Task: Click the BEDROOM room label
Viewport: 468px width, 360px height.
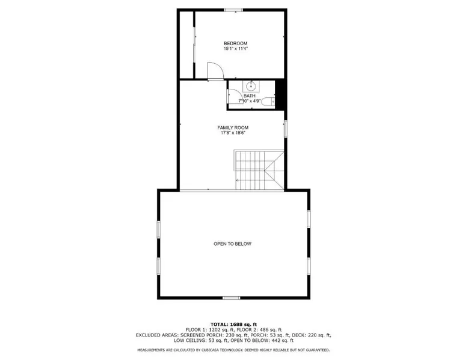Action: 235,43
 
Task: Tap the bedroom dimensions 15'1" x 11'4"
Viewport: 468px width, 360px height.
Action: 235,49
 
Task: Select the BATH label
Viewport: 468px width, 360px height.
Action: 250,96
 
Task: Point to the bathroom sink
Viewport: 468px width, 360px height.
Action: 251,87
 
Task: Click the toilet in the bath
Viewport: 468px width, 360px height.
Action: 268,102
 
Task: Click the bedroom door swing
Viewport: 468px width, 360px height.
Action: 215,71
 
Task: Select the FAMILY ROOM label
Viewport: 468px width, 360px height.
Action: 233,128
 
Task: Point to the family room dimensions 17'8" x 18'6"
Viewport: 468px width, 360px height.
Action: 233,133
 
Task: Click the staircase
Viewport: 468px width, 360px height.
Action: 259,170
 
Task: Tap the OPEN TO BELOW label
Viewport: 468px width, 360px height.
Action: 233,244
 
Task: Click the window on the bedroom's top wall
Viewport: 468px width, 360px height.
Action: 233,10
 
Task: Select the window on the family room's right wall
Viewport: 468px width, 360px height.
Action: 286,129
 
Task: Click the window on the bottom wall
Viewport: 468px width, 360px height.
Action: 232,297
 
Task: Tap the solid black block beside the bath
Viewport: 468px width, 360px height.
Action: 280,94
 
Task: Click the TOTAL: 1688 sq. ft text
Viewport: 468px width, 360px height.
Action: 234,325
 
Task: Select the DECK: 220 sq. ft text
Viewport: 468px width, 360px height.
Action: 312,335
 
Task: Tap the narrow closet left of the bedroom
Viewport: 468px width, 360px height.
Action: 187,44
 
